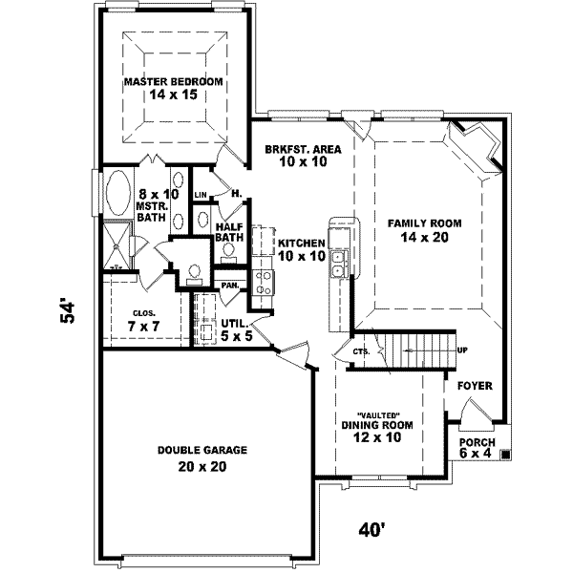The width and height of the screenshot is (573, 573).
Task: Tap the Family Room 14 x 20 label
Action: pyautogui.click(x=424, y=230)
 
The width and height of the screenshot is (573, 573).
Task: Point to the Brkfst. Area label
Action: pyautogui.click(x=304, y=156)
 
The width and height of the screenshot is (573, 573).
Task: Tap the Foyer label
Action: pyautogui.click(x=475, y=386)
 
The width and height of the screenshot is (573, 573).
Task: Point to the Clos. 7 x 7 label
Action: pyautogui.click(x=144, y=321)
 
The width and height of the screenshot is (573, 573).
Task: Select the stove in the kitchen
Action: pyautogui.click(x=264, y=282)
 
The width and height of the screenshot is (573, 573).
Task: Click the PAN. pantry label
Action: pyautogui.click(x=230, y=285)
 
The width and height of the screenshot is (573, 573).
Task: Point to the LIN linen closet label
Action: pyautogui.click(x=201, y=195)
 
